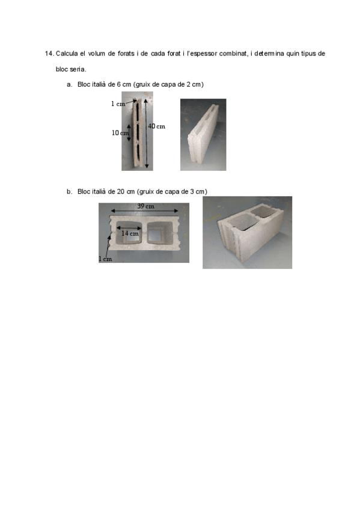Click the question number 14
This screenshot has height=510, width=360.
pos(49,54)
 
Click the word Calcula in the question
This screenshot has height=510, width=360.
pos(67,54)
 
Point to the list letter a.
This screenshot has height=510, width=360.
pos(69,85)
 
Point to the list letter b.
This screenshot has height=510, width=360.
pos(69,192)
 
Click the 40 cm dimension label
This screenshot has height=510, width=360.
pos(157,126)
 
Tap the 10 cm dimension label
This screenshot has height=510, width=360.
pos(120,133)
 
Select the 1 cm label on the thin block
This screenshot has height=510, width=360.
pos(118,104)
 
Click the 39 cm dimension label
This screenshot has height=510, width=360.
pos(145,206)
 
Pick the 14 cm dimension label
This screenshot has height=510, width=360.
pos(130,233)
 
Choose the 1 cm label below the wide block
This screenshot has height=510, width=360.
pos(105,259)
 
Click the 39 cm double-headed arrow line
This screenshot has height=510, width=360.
pos(145,210)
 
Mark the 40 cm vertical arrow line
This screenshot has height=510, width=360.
pos(146,134)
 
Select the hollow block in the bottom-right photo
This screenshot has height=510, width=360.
pos(250,232)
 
